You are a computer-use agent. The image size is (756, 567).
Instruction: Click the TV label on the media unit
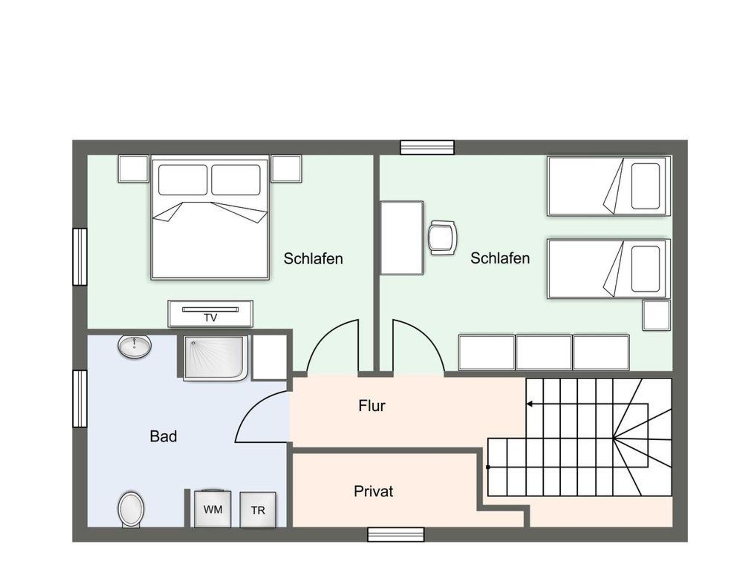pyautogui.click(x=210, y=318)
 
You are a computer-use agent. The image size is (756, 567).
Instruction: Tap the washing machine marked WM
pyautogui.click(x=213, y=509)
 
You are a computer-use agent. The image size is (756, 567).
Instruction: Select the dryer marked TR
pyautogui.click(x=258, y=510)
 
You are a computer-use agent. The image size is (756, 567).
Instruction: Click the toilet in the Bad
pyautogui.click(x=131, y=509)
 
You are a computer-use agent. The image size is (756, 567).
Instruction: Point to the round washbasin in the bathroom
pyautogui.click(x=135, y=346)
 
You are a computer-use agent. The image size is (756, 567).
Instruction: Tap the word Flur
pyautogui.click(x=372, y=406)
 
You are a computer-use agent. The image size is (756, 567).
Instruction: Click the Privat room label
pyautogui.click(x=373, y=491)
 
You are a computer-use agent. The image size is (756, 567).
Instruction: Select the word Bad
pyautogui.click(x=163, y=436)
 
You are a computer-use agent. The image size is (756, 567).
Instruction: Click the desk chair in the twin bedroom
pyautogui.click(x=442, y=237)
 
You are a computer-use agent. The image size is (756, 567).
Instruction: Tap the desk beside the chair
pyautogui.click(x=402, y=238)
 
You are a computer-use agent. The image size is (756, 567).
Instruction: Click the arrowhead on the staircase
pyautogui.click(x=529, y=404)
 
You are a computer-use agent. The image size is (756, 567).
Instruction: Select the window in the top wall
pyautogui.click(x=427, y=147)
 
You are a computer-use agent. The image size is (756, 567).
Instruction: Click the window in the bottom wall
pyautogui.click(x=396, y=535)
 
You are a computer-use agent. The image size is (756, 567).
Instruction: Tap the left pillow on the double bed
pyautogui.click(x=183, y=180)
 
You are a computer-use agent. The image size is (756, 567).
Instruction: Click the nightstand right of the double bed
pyautogui.click(x=286, y=168)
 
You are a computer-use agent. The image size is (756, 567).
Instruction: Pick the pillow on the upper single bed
pyautogui.click(x=645, y=186)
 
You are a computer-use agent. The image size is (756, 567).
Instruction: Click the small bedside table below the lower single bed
pyautogui.click(x=656, y=316)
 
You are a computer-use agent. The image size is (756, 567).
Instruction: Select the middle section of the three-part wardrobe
pyautogui.click(x=543, y=352)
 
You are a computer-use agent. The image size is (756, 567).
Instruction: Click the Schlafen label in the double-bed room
pyautogui.click(x=313, y=259)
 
